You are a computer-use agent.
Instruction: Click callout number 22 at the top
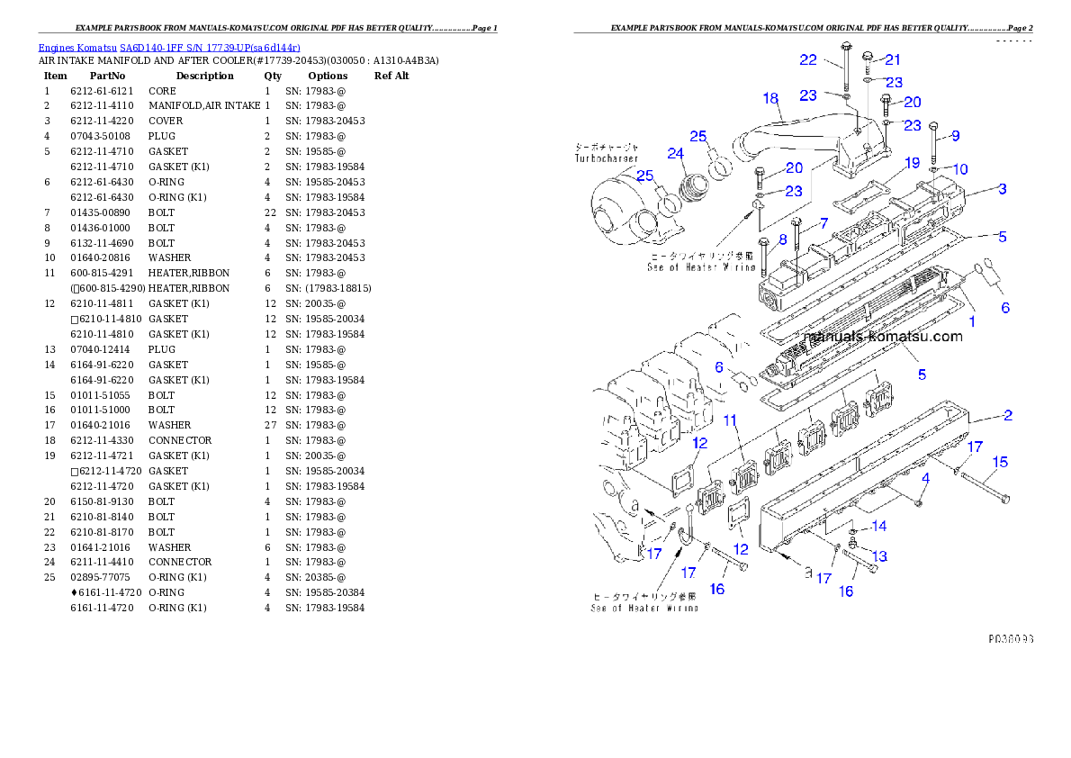click(808, 59)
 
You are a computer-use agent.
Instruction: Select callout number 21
click(892, 59)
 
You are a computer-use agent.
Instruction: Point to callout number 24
click(676, 153)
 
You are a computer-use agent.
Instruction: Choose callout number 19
click(912, 163)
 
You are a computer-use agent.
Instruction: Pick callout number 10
click(960, 168)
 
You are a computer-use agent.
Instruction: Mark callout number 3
click(1002, 189)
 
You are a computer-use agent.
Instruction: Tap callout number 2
click(1008, 415)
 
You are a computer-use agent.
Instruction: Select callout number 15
click(1000, 463)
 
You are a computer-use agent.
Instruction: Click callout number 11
click(730, 420)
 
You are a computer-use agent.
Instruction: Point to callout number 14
click(878, 526)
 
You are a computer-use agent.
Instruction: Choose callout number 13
click(879, 556)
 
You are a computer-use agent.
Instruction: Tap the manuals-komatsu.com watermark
click(883, 337)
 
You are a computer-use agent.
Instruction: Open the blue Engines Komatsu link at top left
click(169, 47)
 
